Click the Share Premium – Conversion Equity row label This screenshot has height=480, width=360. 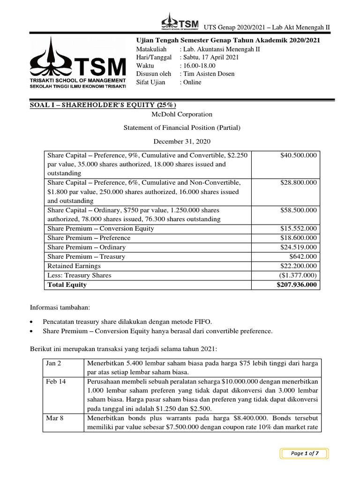tap(100, 228)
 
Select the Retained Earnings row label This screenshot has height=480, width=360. tap(73, 266)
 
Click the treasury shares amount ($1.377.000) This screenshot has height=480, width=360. tap(296, 275)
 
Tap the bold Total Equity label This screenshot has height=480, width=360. tap(67, 285)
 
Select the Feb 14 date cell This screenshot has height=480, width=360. tap(56, 382)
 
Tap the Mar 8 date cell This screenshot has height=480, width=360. tap(55, 418)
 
